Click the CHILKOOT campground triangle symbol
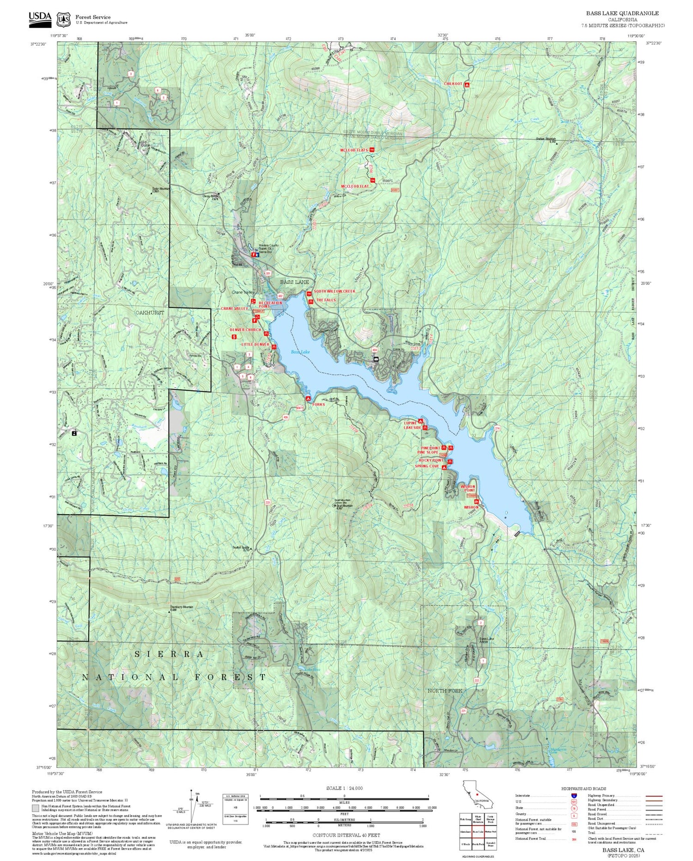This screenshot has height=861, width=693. [467, 85]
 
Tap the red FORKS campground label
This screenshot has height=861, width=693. [318, 404]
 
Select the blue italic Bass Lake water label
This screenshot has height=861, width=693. [300, 352]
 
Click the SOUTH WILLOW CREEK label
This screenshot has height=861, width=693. [334, 291]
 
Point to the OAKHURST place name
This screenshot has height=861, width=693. [149, 313]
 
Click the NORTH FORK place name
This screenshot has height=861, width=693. [444, 690]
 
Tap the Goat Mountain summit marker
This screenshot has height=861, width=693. [334, 506]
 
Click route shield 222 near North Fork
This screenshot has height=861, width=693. [476, 680]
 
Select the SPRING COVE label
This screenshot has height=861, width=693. [426, 466]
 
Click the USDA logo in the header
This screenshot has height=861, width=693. [40, 19]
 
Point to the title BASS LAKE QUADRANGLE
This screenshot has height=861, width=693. [622, 13]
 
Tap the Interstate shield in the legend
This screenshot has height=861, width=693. [573, 795]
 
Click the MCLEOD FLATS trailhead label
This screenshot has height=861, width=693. [354, 150]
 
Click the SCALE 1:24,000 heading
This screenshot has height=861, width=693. [344, 788]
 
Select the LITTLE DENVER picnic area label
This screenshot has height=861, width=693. [255, 344]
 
